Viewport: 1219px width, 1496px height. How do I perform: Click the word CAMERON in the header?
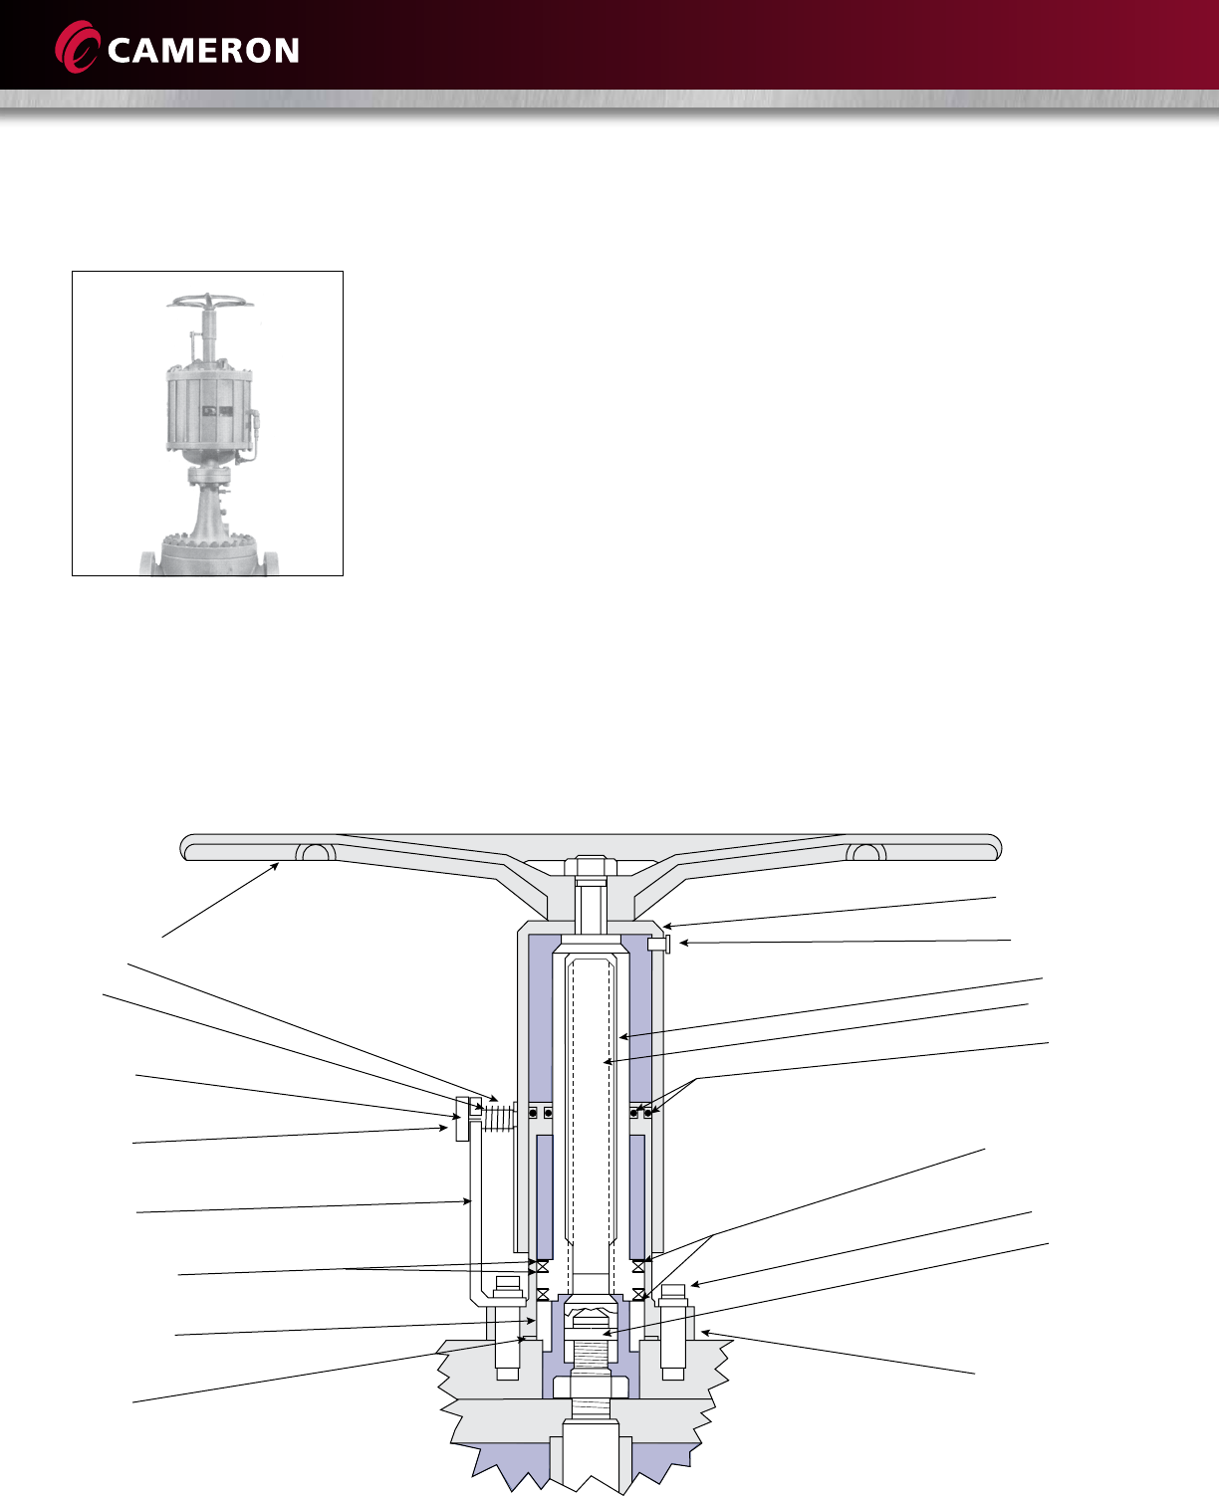(x=202, y=51)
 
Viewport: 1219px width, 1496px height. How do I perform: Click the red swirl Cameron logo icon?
(x=78, y=48)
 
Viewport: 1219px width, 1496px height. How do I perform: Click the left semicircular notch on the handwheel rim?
(x=316, y=852)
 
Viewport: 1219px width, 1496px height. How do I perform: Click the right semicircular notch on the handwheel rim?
(x=865, y=852)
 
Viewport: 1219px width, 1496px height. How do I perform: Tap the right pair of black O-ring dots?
(x=640, y=1112)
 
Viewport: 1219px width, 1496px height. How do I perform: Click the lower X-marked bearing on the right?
(x=639, y=1295)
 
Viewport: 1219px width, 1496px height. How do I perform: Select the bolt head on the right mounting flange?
(x=673, y=1294)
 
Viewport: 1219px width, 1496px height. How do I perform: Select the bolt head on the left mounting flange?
(x=508, y=1294)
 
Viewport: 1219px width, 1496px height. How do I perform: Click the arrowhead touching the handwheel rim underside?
(x=278, y=868)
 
